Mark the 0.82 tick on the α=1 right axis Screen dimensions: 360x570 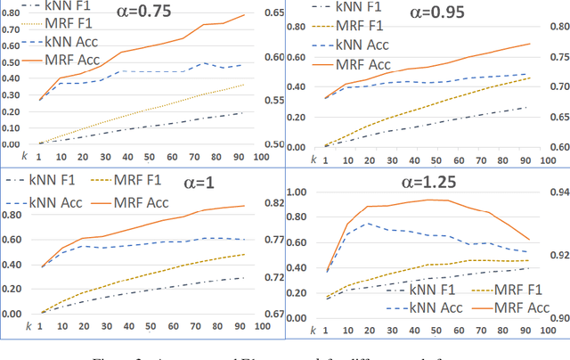pos(274,203)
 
